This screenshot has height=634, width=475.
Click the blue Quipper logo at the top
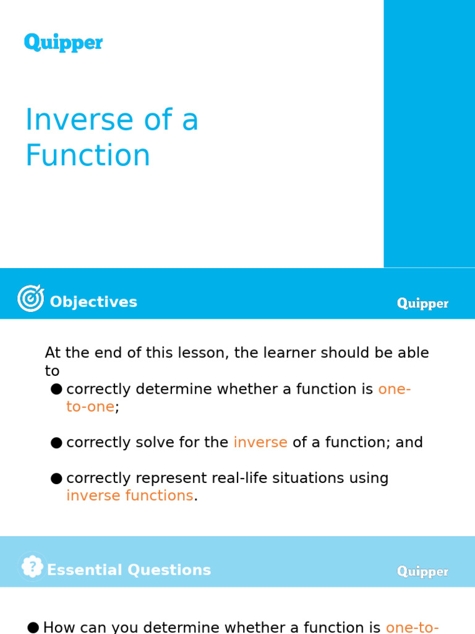63,43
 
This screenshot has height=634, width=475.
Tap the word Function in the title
87,155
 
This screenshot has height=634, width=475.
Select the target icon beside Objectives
30,298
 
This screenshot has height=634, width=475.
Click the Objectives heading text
93,302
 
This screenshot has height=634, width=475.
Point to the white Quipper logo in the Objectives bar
422,303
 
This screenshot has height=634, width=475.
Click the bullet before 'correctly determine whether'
56,389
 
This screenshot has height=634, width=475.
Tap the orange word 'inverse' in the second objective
260,443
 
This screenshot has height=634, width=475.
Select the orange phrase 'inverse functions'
130,496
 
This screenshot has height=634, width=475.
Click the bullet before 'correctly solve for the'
56,443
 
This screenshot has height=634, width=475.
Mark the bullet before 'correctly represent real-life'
56,478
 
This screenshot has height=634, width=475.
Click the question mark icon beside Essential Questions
32,567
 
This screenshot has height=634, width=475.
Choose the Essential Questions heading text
129,570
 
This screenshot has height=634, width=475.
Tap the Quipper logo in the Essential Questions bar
422,571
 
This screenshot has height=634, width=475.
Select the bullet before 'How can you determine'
33,627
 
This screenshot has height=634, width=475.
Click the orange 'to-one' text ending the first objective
90,407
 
